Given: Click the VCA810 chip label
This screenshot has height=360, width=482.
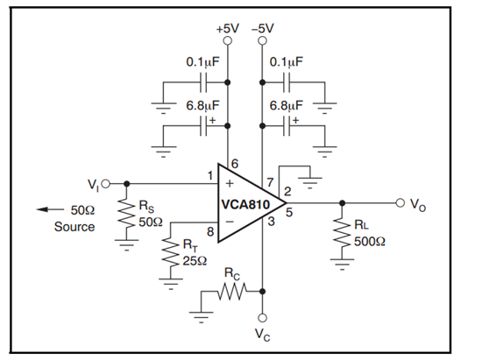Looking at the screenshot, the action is coord(245,205).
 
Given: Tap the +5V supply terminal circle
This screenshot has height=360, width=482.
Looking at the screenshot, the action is coord(228,40).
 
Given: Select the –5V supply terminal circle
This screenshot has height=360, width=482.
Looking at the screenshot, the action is coord(262,40).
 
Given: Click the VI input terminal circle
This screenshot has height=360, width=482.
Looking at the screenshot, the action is coord(105,184).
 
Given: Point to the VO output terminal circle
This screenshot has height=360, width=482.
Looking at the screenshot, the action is coord(400,202).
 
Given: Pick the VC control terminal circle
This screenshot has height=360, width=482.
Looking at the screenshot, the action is coord(262,318).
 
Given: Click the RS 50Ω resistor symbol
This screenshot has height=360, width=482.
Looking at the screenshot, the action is coord(126,213).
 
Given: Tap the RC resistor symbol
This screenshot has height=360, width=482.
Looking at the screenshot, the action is coord(232,291).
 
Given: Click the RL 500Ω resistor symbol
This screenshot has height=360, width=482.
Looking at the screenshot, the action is coord(342,232).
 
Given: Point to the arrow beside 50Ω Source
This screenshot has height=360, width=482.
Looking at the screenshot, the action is coord(50,209).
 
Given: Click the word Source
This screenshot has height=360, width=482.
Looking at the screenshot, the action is coord(74,227).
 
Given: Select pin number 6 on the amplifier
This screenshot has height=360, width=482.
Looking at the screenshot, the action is coord(235,164).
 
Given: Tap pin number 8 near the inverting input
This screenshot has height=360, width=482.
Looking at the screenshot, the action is coord(210,232).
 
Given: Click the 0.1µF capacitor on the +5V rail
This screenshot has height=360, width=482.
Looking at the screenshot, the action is coord(203,82).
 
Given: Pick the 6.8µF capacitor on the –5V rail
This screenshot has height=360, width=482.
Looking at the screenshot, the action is coord(287,125).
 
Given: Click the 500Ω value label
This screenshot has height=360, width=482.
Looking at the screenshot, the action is coord(370,242).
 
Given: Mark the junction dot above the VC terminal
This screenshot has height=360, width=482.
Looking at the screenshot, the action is coord(262,291).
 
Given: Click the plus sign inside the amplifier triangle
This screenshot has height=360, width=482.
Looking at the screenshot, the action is coord(230,183).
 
